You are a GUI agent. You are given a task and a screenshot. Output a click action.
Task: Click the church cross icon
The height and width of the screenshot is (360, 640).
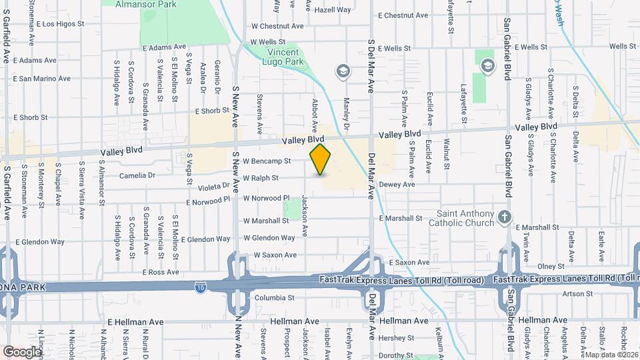(505, 217)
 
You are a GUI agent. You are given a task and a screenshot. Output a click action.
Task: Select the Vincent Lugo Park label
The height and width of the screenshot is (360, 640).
(286, 57)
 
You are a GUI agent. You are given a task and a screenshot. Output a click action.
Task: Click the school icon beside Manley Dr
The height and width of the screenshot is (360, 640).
(343, 71)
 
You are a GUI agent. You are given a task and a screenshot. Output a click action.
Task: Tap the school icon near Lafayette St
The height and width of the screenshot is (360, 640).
(488, 65)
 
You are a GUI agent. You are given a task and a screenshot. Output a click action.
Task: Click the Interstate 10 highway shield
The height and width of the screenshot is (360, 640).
(201, 287)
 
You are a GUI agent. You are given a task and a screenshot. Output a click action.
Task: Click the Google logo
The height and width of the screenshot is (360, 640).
(22, 351)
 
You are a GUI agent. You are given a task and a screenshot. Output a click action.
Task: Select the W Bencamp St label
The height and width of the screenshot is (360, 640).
(267, 161)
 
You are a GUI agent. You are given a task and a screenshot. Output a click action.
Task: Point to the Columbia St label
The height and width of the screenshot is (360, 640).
(273, 297)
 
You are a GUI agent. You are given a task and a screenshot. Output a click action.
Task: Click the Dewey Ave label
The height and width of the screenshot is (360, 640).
(397, 185)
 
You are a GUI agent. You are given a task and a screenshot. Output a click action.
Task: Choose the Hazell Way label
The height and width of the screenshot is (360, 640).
(333, 10)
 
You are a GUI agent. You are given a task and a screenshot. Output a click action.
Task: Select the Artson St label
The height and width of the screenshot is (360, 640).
(577, 293)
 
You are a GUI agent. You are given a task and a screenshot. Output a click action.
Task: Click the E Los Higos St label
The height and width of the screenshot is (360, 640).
(59, 24)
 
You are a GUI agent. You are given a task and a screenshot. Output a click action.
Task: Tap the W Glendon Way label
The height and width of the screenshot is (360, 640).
(269, 238)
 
